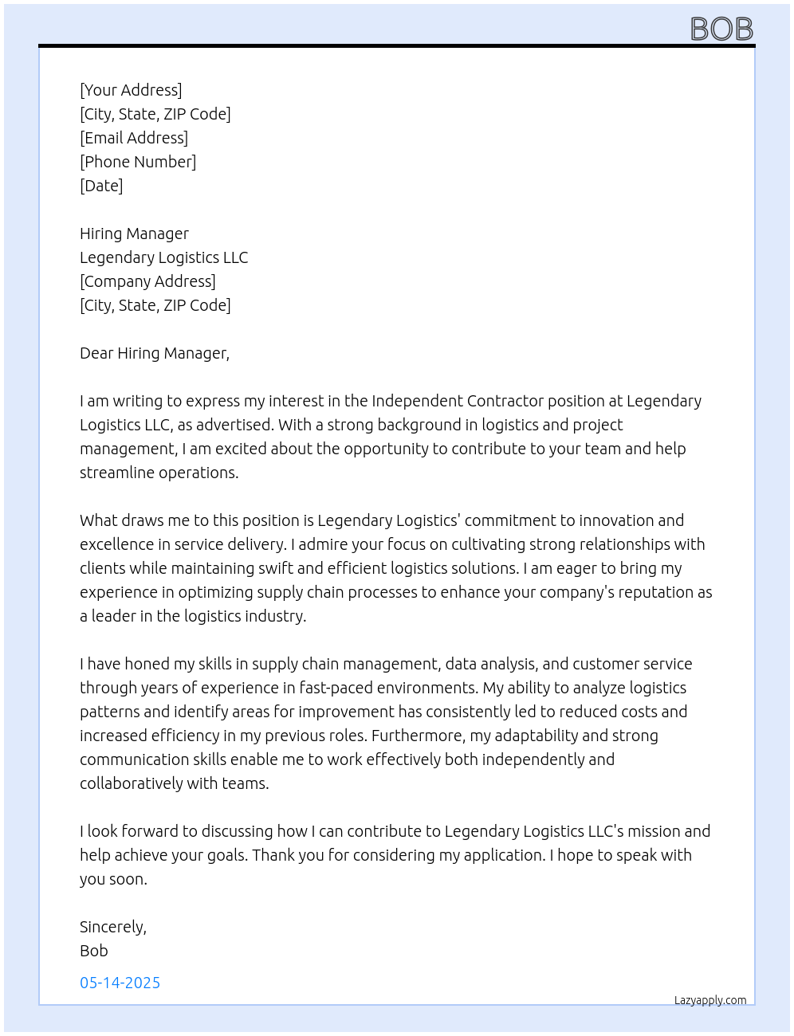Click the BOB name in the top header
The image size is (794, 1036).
[x=721, y=29]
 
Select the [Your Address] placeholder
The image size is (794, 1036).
[x=131, y=90]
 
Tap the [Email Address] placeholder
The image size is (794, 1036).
[x=134, y=138]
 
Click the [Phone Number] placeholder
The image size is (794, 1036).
[x=138, y=162]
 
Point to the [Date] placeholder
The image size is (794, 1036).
[x=101, y=186]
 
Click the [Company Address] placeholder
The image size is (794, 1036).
[x=147, y=281]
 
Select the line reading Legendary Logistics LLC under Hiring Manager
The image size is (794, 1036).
[x=163, y=257]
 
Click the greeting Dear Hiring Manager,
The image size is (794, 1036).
[x=155, y=353]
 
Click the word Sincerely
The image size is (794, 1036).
[x=112, y=927]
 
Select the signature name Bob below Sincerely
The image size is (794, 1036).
[x=94, y=951]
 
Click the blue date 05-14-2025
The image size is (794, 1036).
[x=120, y=983]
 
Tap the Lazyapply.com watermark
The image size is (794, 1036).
[x=710, y=1000]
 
